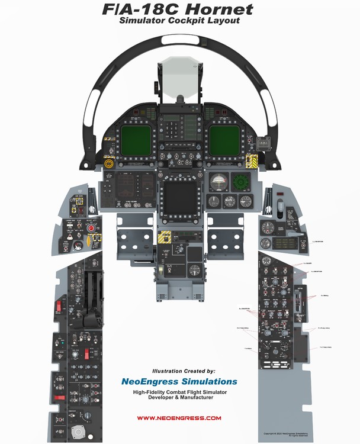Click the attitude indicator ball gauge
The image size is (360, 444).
tap(220, 180)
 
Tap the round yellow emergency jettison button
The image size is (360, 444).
tap(108, 163)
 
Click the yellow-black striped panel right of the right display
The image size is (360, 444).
tap(252, 160)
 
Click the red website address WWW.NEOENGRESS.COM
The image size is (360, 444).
tap(179, 418)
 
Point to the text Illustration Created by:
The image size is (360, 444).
tap(179, 371)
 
